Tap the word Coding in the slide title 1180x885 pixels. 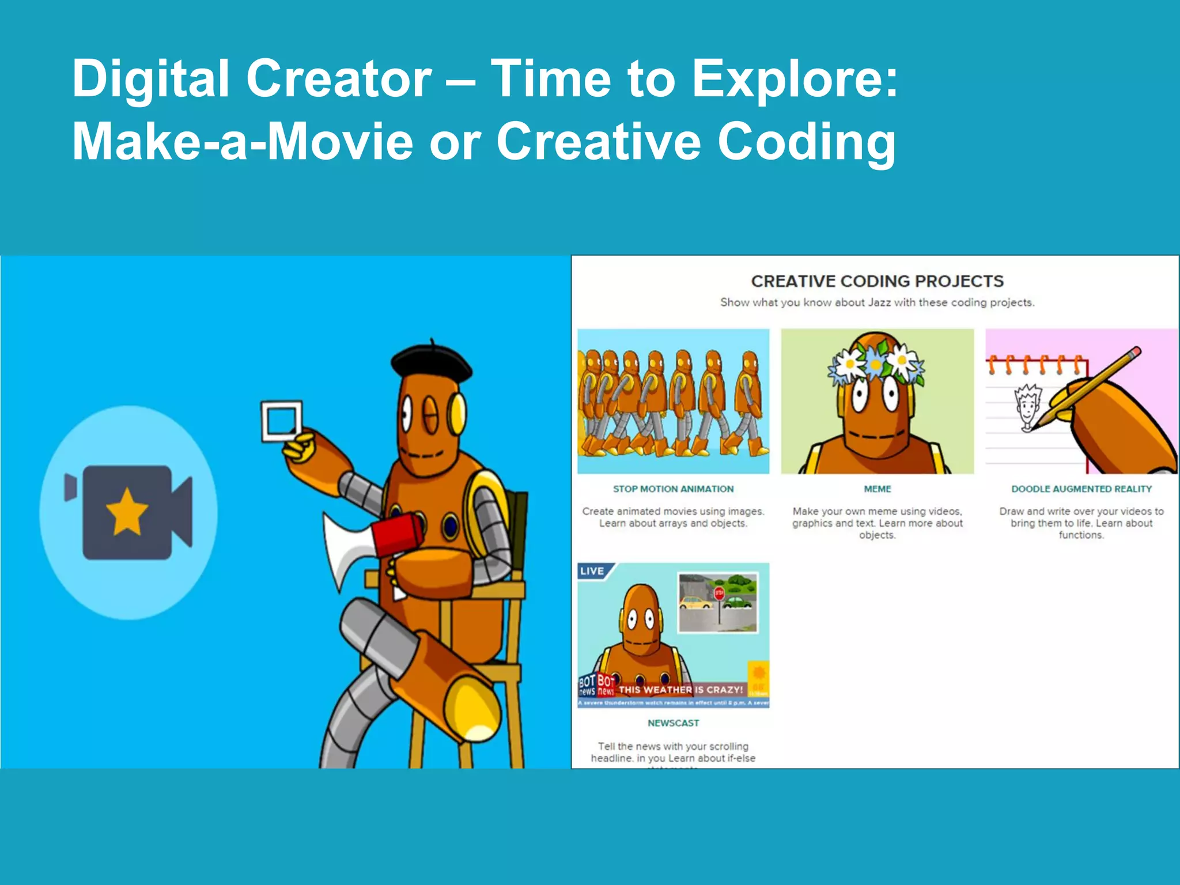pyautogui.click(x=806, y=142)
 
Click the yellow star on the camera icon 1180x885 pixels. pyautogui.click(x=127, y=512)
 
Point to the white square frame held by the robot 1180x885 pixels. pyautogui.click(x=281, y=421)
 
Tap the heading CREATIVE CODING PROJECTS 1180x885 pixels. pyautogui.click(x=877, y=281)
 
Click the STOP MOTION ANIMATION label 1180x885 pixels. pyautogui.click(x=673, y=489)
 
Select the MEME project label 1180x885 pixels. pyautogui.click(x=877, y=489)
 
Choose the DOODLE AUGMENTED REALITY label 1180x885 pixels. pyautogui.click(x=1081, y=489)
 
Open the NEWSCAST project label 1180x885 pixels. pyautogui.click(x=673, y=723)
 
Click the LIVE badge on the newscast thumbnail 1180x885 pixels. pyautogui.click(x=592, y=571)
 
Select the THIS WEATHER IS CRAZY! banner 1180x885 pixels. pyautogui.click(x=681, y=690)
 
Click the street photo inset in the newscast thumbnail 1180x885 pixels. pyautogui.click(x=718, y=602)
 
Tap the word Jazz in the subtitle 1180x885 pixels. pyautogui.click(x=879, y=302)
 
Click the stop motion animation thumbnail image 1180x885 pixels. pyautogui.click(x=673, y=401)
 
